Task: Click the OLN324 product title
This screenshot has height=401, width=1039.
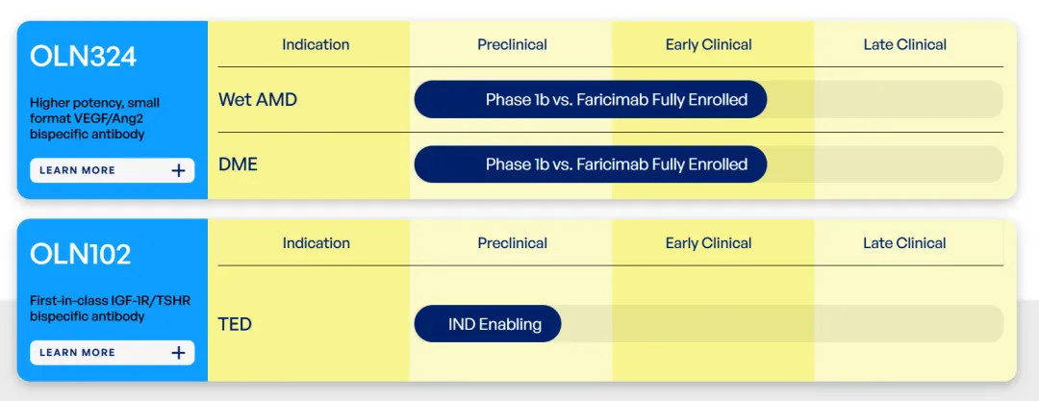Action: [83, 57]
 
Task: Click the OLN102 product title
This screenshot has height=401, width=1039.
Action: [80, 255]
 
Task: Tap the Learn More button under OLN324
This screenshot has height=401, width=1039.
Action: [112, 170]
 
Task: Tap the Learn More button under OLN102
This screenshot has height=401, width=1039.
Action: [112, 353]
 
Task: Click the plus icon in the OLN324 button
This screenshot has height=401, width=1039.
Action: [178, 170]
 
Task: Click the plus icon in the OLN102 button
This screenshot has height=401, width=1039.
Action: [178, 353]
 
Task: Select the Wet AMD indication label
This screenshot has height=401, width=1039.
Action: [258, 100]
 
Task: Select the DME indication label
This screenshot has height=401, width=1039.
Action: [238, 164]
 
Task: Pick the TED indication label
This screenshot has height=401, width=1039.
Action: [236, 325]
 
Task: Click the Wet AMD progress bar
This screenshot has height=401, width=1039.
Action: [591, 99]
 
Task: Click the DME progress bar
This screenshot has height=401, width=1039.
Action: [591, 164]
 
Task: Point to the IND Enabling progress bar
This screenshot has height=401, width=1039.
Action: [488, 324]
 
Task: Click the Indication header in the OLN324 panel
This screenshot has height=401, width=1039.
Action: [316, 45]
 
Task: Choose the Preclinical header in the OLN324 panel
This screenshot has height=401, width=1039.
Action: [512, 45]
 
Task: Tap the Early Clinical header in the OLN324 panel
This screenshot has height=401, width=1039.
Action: [708, 45]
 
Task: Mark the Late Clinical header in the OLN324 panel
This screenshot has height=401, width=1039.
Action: [905, 45]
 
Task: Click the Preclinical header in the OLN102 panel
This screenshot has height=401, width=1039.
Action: [512, 243]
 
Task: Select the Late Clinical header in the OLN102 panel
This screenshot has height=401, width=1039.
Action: [905, 243]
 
